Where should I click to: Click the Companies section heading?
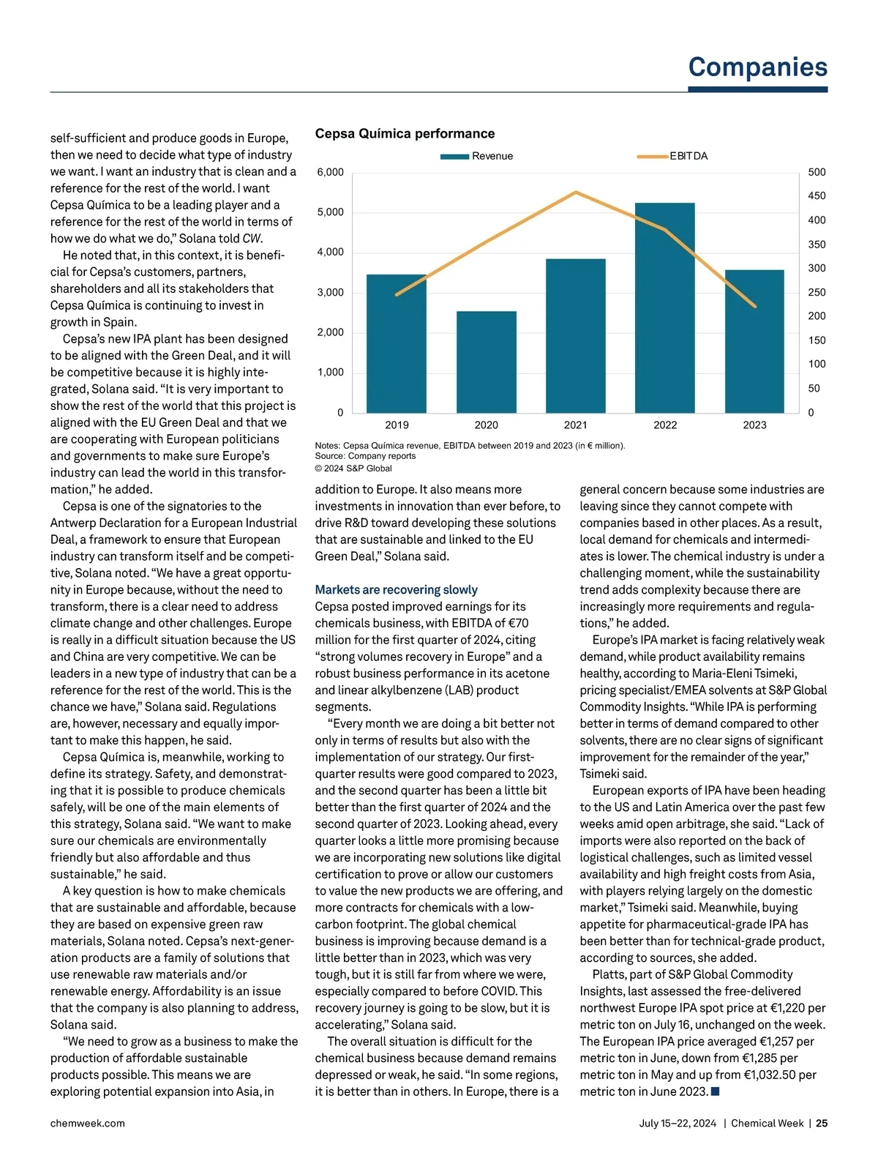coord(757,67)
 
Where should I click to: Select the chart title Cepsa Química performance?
coord(405,133)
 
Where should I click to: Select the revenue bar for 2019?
coord(396,344)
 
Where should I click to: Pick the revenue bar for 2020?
coord(487,362)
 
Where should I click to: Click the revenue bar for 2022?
coord(664,307)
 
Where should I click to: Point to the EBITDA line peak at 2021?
coord(576,193)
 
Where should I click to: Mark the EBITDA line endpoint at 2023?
coord(754,306)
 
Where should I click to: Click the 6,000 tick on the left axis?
coord(330,172)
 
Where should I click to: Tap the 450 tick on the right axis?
coord(817,195)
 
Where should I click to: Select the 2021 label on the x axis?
coord(576,425)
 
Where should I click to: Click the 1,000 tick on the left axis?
coord(330,372)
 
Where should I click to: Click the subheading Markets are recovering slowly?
coord(396,589)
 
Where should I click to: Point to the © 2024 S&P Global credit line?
coord(353,468)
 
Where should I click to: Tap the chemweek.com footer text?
coord(87,1123)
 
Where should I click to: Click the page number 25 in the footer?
coord(822,1123)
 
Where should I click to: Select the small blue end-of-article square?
coord(715,1091)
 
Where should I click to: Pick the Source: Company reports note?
coord(365,455)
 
